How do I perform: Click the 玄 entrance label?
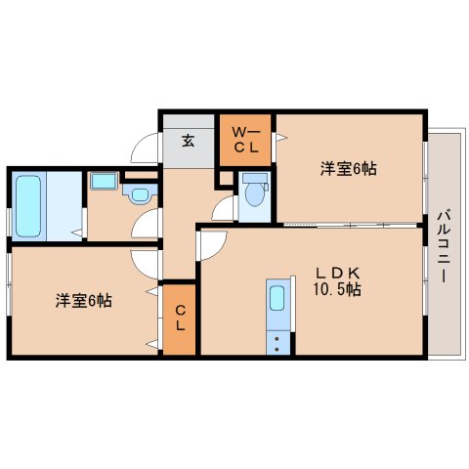click(x=189, y=141)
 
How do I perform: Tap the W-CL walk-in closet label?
click(x=246, y=141)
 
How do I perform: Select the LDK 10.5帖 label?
click(x=337, y=280)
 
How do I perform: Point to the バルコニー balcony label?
click(x=444, y=246)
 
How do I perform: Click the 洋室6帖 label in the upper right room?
click(x=349, y=169)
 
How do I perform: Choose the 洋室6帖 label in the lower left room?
click(x=84, y=300)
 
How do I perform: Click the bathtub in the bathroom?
click(x=28, y=206)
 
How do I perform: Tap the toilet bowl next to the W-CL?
click(x=255, y=193)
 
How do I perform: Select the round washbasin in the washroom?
click(x=141, y=194)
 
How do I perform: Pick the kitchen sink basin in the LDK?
click(x=277, y=298)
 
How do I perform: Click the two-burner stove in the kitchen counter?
click(x=277, y=343)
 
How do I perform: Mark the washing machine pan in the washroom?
click(x=104, y=181)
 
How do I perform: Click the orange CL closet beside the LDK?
click(x=179, y=320)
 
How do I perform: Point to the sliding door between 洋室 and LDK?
click(x=350, y=225)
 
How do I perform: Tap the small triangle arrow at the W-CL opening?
click(x=281, y=138)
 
